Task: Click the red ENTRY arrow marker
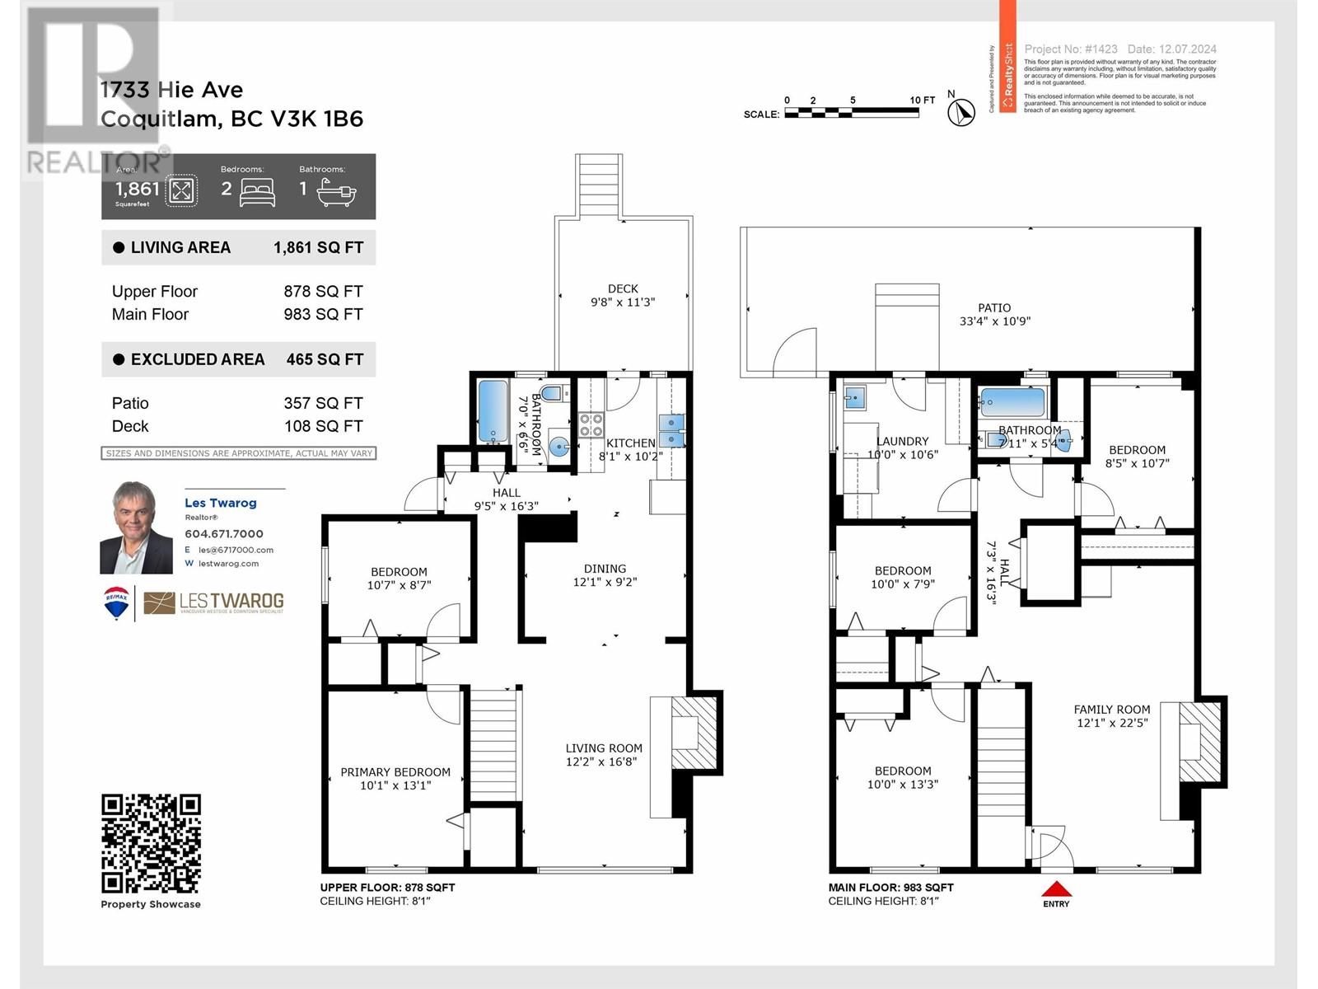coord(1056,889)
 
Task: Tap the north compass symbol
coord(960,111)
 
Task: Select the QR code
coord(151,843)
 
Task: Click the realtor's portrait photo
coord(136,527)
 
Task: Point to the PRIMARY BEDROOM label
coord(395,772)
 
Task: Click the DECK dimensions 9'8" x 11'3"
coord(623,302)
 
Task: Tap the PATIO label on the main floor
coord(994,307)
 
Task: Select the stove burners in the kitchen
coord(591,424)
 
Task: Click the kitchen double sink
coord(671,430)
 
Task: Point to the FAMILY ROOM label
coord(1111,709)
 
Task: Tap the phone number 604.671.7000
coord(223,534)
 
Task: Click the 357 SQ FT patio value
coord(323,403)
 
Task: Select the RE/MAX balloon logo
coord(116,602)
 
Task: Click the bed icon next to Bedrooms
coord(257,193)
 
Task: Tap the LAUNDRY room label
coord(902,441)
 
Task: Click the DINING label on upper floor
coord(605,569)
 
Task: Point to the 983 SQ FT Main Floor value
coord(323,314)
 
